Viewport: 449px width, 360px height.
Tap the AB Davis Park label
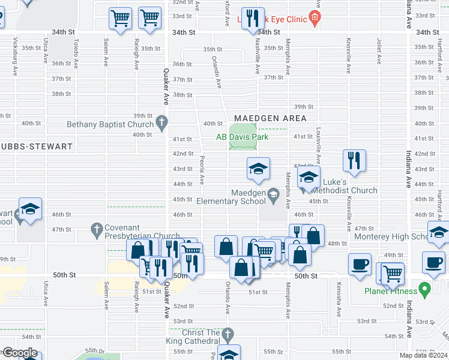243,137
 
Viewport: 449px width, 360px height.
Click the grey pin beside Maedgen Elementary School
274,193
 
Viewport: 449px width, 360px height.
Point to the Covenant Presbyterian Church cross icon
96,229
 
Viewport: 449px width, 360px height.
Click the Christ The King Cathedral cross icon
227,333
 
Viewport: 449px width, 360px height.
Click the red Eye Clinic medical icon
313,18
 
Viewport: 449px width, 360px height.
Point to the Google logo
19,353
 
